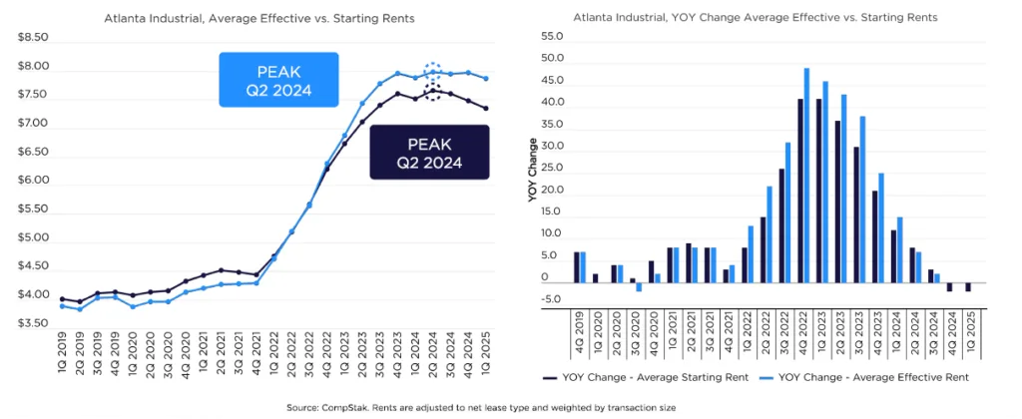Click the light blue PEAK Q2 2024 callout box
[278, 80]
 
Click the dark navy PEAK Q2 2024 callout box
[429, 152]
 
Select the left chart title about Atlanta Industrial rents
[259, 18]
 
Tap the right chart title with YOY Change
[755, 18]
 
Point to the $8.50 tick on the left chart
[33, 38]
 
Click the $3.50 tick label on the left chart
[33, 324]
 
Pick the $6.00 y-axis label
[33, 181]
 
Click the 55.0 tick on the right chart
[551, 37]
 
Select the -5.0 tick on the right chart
[551, 300]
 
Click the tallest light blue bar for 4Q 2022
[806, 176]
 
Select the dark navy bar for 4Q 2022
[800, 191]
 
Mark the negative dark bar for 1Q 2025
[967, 287]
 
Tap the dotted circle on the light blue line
[432, 72]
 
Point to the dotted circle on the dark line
[432, 93]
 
